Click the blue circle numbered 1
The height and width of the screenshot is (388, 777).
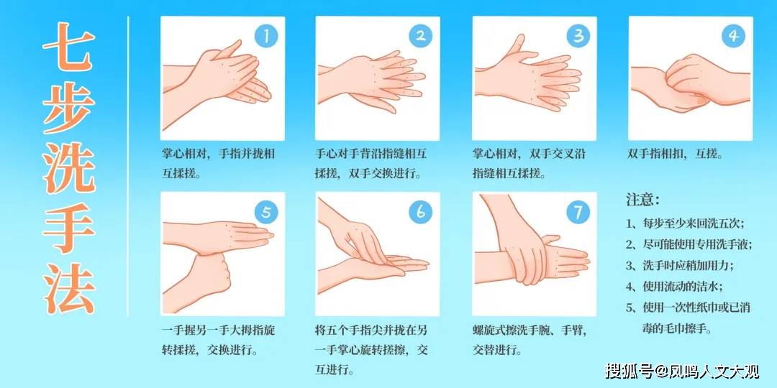coord(267,36)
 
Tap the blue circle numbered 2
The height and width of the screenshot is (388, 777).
coord(421,36)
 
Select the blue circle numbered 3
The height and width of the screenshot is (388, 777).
coord(578,36)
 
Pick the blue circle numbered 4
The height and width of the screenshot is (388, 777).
coord(734,36)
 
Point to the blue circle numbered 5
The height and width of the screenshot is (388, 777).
coord(267,212)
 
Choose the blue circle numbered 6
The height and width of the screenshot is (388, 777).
coord(421,212)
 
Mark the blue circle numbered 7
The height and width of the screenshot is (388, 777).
coord(578,212)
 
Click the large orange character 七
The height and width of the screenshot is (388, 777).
coord(68,47)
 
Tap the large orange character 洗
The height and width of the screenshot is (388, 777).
coord(68,168)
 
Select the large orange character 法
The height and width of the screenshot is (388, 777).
coord(68,289)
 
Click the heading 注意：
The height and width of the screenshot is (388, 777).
coord(643,200)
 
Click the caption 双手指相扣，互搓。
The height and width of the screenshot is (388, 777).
coord(676,154)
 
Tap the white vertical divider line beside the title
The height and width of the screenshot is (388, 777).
coord(128,166)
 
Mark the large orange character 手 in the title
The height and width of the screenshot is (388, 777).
coord(68,228)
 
